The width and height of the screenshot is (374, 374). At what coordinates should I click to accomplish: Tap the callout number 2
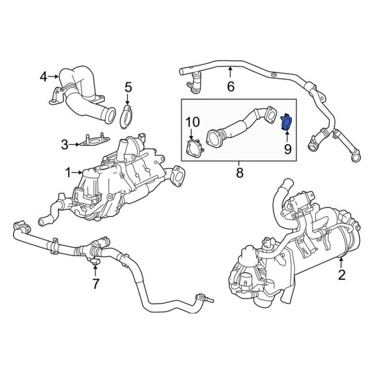(x=341, y=274)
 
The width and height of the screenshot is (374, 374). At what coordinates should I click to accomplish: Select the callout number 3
(x=64, y=145)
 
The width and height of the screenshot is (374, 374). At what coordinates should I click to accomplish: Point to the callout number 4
(x=44, y=77)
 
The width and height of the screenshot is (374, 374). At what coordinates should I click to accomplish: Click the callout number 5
(x=128, y=87)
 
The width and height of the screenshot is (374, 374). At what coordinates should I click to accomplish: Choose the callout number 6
(x=231, y=87)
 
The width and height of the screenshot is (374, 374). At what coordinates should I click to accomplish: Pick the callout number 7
(x=95, y=284)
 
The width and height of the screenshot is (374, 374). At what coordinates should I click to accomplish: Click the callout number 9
(x=287, y=149)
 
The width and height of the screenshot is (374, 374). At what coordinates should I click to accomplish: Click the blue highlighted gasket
(x=287, y=122)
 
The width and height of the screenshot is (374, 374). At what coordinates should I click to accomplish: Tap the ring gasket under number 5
(x=128, y=117)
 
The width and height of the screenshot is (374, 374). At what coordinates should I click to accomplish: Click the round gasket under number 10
(x=193, y=147)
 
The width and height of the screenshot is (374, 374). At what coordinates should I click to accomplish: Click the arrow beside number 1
(x=78, y=171)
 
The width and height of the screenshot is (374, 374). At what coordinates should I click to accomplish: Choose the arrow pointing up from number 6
(x=231, y=74)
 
